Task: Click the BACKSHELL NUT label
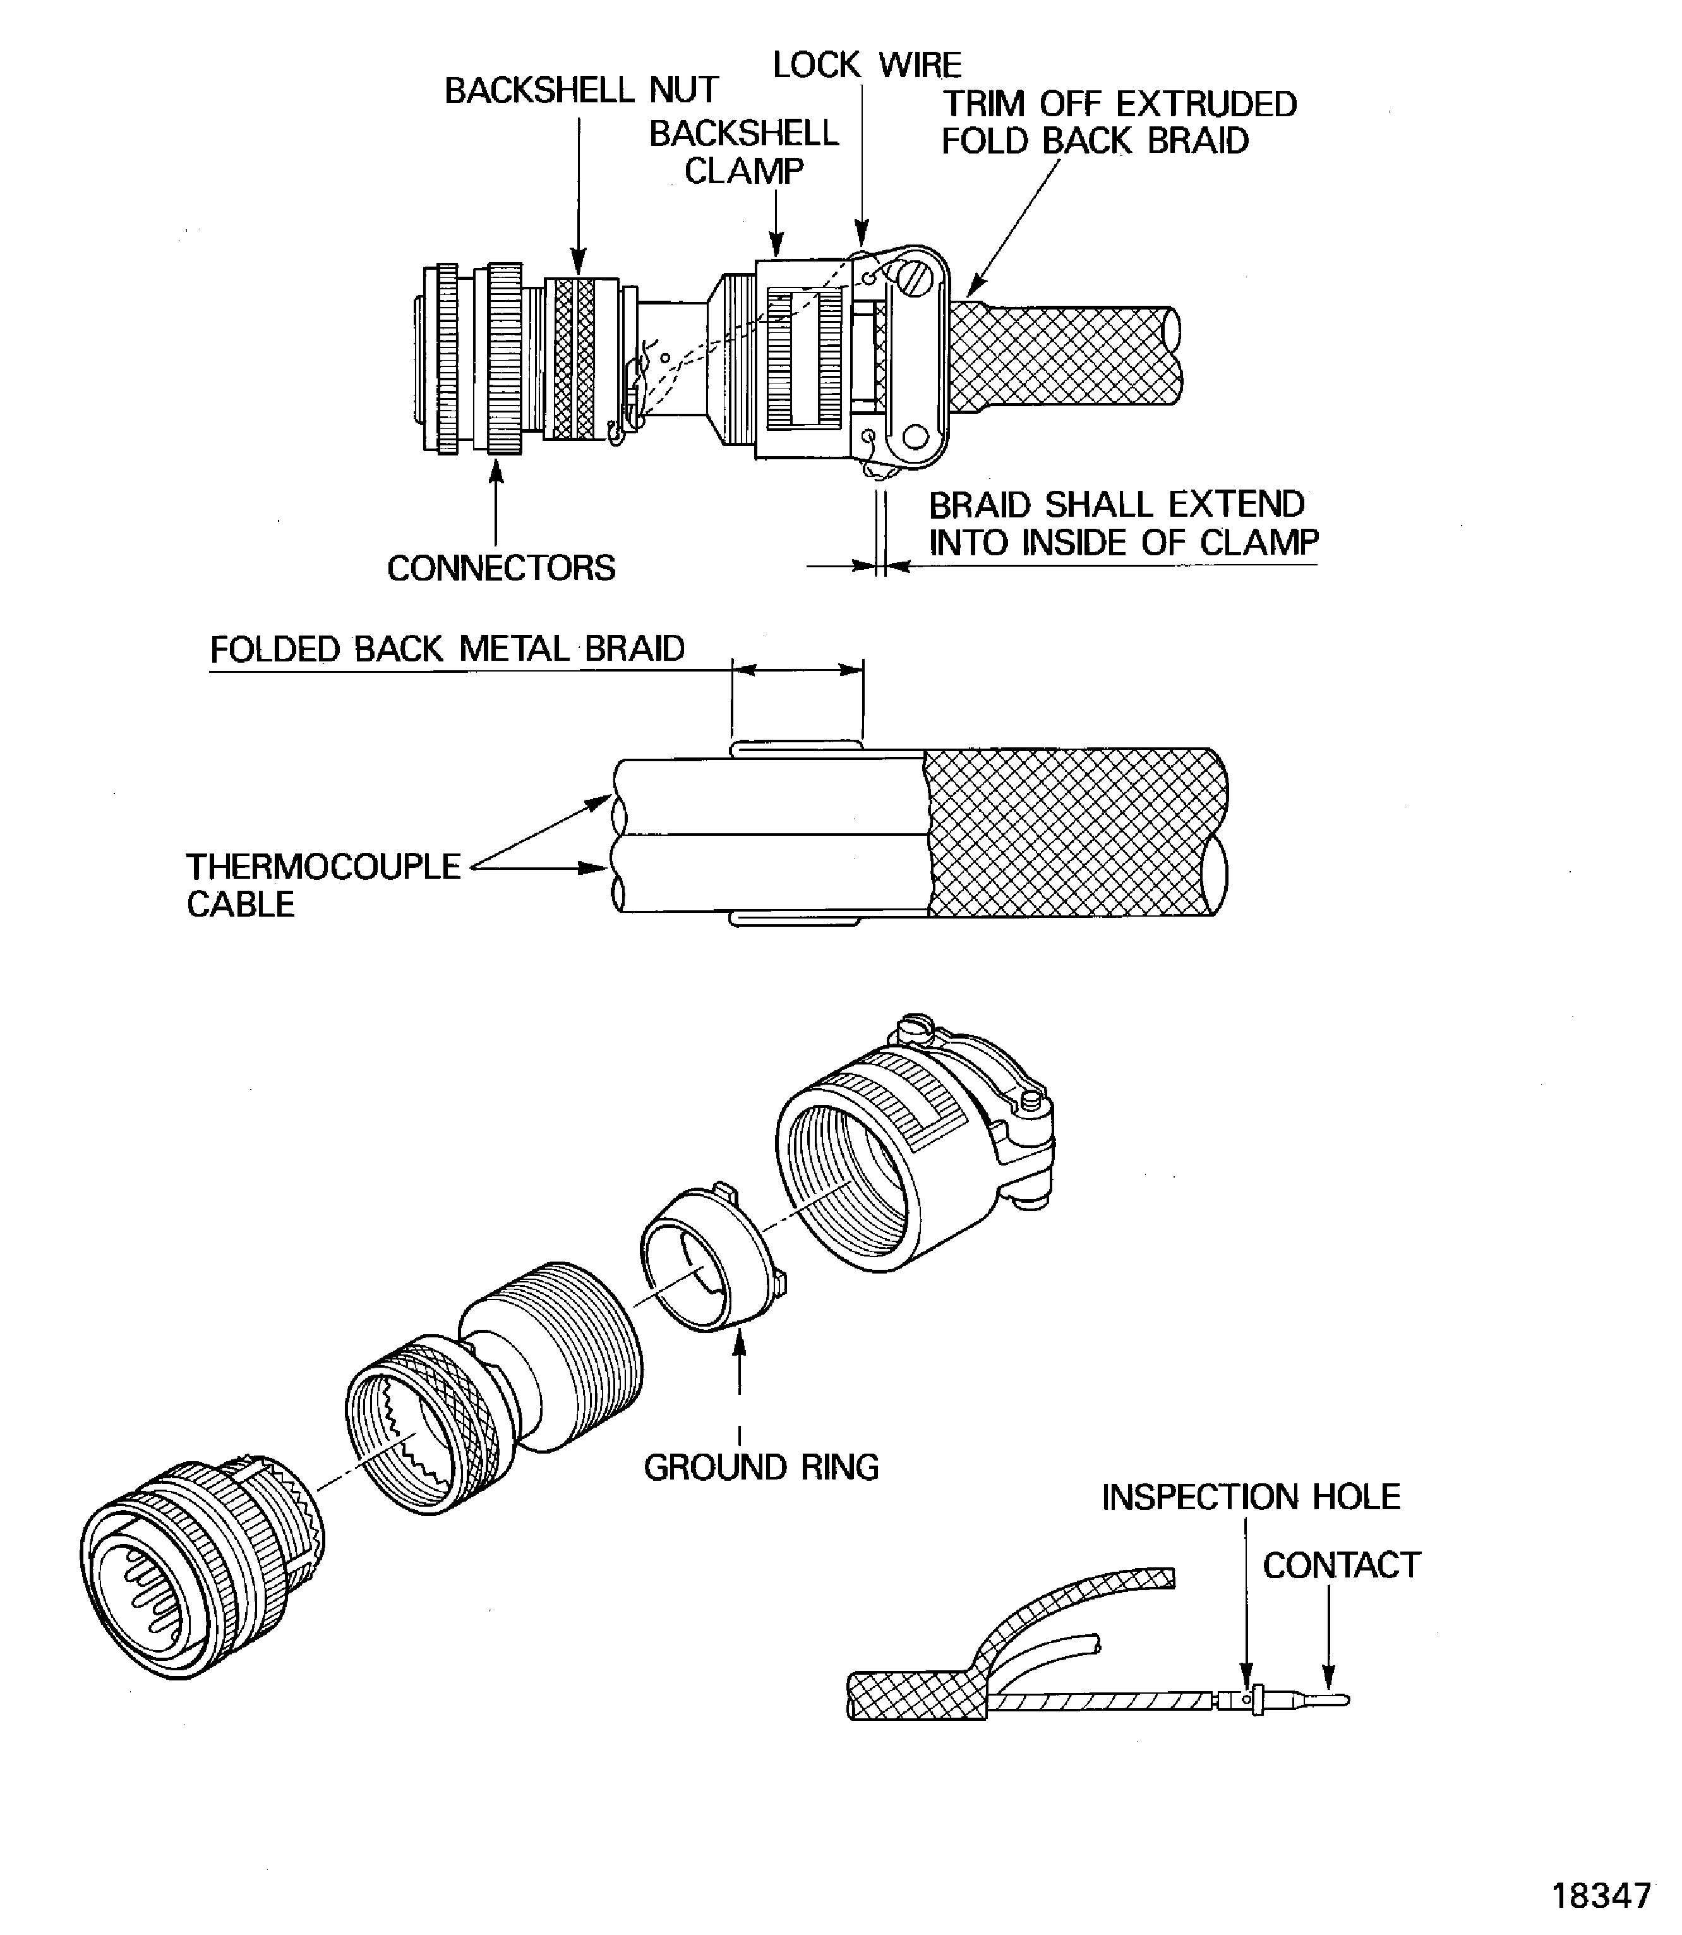581,90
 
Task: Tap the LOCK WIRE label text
867,65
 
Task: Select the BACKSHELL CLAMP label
743,152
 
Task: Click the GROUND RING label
761,1466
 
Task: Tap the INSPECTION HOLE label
1250,1497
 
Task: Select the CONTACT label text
1342,1565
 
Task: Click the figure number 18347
1601,1896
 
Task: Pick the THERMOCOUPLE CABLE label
323,884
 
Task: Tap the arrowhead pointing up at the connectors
496,471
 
